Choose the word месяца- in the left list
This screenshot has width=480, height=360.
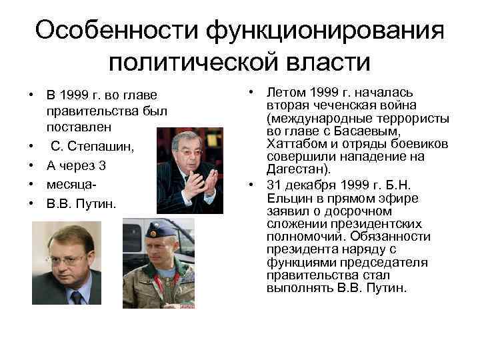pos(69,183)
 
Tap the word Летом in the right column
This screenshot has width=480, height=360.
pos(285,92)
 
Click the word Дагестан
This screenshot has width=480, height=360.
pos(293,170)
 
